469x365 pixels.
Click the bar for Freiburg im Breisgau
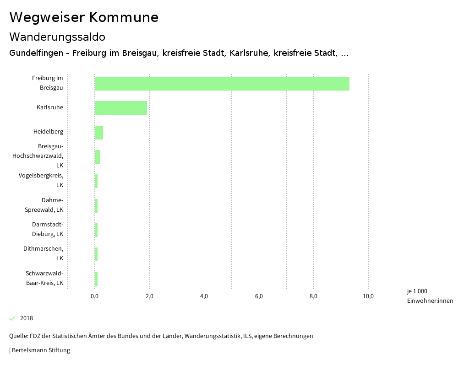(222, 84)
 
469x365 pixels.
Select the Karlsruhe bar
(121, 108)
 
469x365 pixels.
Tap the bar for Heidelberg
(99, 132)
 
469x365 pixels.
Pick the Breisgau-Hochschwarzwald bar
(98, 156)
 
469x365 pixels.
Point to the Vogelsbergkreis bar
(96, 181)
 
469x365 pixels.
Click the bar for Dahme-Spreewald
(96, 206)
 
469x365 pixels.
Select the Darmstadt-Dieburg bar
(96, 230)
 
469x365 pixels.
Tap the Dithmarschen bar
(96, 254)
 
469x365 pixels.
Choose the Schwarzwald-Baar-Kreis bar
(96, 279)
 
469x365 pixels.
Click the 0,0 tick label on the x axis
(95, 296)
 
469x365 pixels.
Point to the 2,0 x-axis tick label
(149, 296)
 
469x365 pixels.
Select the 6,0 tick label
(259, 296)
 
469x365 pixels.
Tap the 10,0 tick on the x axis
(368, 296)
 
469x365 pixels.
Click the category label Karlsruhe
(50, 107)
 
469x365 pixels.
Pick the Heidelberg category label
(48, 132)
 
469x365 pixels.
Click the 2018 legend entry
(27, 318)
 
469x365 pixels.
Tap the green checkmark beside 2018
(12, 318)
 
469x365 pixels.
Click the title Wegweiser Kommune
(84, 17)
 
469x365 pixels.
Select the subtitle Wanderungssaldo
(57, 37)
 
